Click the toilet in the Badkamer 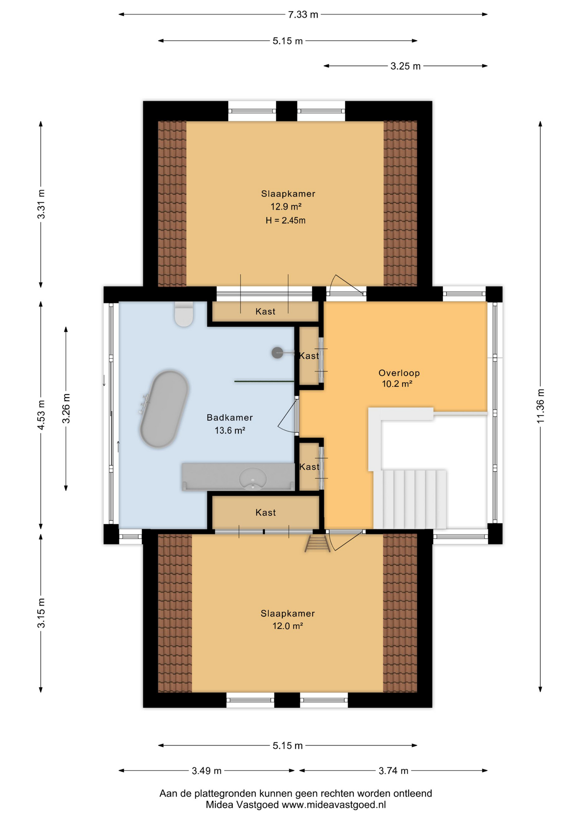[x=184, y=314]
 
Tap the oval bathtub [x=164, y=409]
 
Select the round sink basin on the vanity [x=253, y=478]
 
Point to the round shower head [x=277, y=353]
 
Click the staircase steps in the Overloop [x=410, y=499]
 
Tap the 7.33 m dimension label [x=303, y=15]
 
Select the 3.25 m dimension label [x=405, y=66]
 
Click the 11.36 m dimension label [x=541, y=406]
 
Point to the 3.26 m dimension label [x=66, y=408]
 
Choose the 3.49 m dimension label [x=207, y=771]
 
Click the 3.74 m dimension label [x=394, y=771]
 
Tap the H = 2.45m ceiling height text [x=285, y=221]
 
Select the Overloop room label [x=399, y=373]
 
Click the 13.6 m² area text [x=230, y=431]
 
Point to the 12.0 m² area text [x=288, y=626]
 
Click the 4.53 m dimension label [x=41, y=415]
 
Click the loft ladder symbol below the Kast [x=317, y=543]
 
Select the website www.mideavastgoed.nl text [x=334, y=805]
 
